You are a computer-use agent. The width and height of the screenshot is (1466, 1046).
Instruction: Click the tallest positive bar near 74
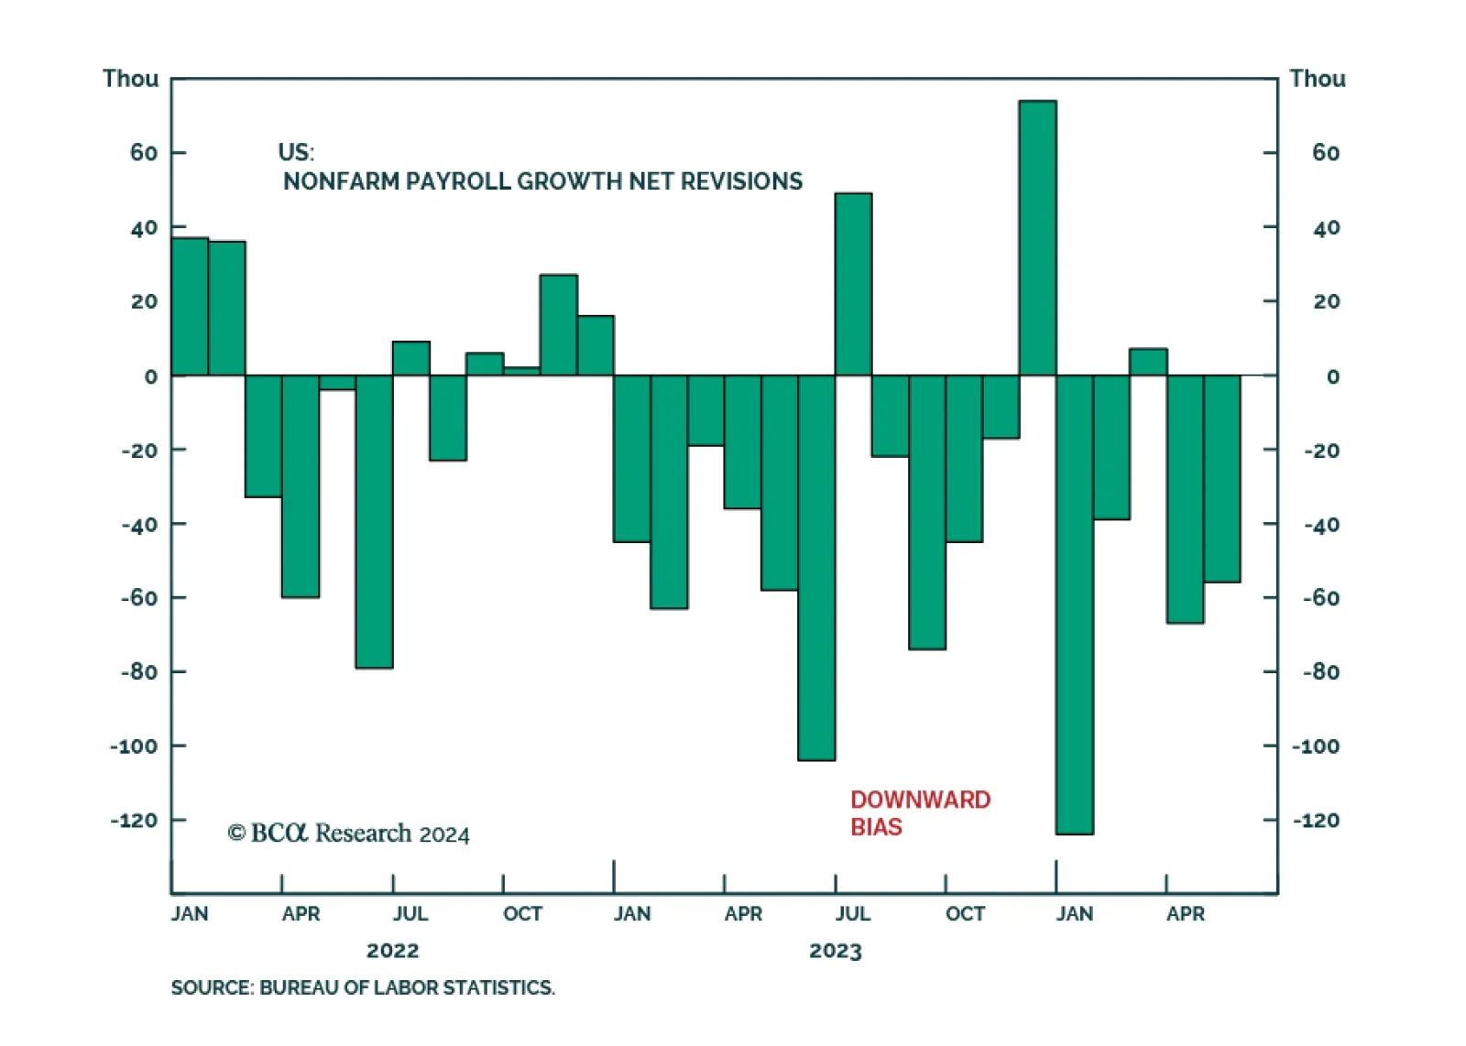(1037, 238)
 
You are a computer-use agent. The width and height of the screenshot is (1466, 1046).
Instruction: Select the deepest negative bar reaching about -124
(1074, 605)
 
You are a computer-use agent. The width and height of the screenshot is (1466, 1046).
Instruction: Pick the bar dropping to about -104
(816, 568)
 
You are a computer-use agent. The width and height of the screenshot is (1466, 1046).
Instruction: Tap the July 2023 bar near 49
(853, 284)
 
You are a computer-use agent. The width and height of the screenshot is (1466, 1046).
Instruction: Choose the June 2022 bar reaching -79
(374, 522)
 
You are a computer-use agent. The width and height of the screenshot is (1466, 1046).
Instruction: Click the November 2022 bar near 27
(558, 325)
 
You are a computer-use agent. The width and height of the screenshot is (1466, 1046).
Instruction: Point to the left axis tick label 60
(144, 153)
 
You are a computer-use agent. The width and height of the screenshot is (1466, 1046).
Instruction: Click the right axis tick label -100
(1315, 746)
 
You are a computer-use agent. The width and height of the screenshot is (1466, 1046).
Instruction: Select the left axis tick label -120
(134, 821)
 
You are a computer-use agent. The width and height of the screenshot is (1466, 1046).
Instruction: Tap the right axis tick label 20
(1326, 301)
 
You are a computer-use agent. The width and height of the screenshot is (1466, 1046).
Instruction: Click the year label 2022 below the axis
(392, 951)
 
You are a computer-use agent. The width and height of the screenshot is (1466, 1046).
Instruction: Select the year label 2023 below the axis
(835, 951)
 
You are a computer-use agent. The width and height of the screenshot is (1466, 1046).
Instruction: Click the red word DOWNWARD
(920, 800)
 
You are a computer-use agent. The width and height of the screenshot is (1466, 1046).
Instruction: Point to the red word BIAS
(876, 827)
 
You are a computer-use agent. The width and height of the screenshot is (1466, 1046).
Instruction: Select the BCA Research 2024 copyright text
(348, 834)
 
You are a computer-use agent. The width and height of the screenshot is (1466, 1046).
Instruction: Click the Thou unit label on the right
(1317, 79)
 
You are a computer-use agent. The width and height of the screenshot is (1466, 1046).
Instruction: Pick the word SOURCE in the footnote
(210, 987)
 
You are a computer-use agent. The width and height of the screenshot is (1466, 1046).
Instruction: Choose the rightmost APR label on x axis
(1185, 914)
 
